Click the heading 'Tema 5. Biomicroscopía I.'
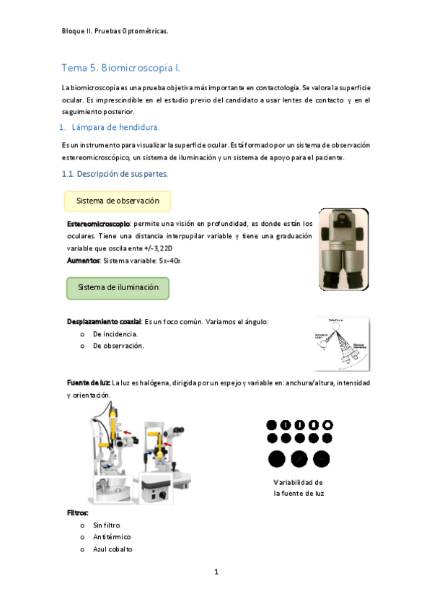120,68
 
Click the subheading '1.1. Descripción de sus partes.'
114,174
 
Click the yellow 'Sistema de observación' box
118,201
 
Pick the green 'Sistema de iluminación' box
118,287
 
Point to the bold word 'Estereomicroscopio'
99,224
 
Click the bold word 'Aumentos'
83,259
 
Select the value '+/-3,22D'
164,248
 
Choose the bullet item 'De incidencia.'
115,334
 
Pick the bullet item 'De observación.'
118,346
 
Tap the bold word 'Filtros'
77,512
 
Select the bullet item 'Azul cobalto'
113,549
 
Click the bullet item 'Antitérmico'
112,537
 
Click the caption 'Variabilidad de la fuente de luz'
299,488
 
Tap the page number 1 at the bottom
216,572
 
